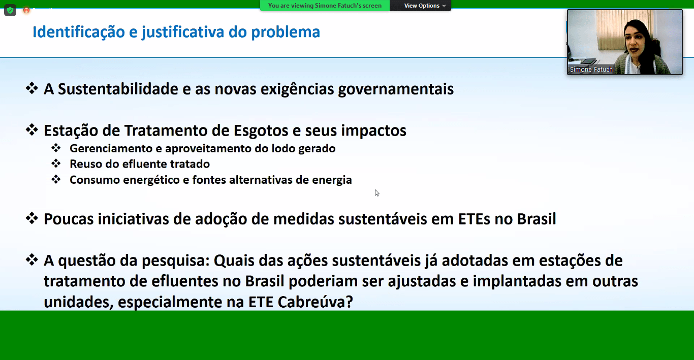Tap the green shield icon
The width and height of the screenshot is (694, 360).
(10, 11)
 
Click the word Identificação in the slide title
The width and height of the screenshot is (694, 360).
(78, 32)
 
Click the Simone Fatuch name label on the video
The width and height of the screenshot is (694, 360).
(591, 70)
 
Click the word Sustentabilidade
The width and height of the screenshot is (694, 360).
(118, 89)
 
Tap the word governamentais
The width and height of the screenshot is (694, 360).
(396, 89)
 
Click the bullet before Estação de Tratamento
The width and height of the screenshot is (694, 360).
(31, 129)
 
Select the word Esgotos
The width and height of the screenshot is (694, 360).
(261, 130)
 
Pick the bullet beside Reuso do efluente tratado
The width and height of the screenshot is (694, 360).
(56, 163)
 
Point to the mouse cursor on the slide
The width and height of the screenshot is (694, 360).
(376, 193)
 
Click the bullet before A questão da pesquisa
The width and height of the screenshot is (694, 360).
(31, 259)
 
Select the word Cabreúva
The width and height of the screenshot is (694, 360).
(315, 302)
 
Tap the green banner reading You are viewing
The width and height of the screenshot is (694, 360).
(325, 6)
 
